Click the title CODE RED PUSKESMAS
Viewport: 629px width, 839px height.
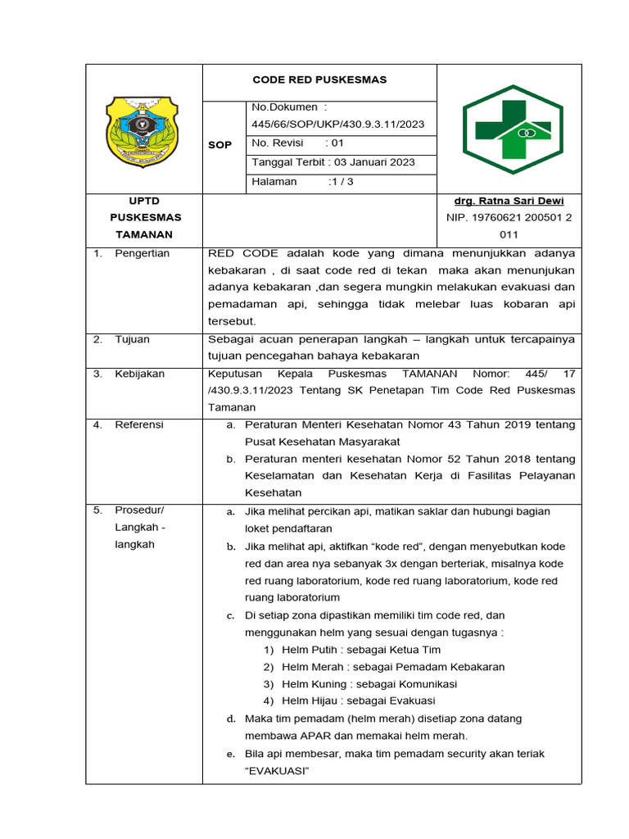click(319, 80)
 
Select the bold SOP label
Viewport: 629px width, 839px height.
click(219, 144)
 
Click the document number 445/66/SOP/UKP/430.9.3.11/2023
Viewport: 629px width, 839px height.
click(337, 124)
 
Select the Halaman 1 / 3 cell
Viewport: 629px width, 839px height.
click(302, 182)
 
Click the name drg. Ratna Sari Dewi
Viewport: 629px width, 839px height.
click(509, 201)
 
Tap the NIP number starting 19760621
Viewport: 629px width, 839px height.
click(509, 218)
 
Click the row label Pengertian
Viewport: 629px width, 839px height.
click(142, 253)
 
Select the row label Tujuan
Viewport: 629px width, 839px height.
click(132, 338)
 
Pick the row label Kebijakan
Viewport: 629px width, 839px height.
click(139, 374)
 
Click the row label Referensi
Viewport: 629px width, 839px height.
click(139, 424)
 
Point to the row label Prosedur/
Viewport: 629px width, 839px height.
click(139, 510)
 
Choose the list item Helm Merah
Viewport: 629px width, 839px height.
click(392, 667)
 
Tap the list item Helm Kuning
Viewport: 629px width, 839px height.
click(369, 684)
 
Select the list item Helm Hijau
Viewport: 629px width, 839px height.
click(358, 701)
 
